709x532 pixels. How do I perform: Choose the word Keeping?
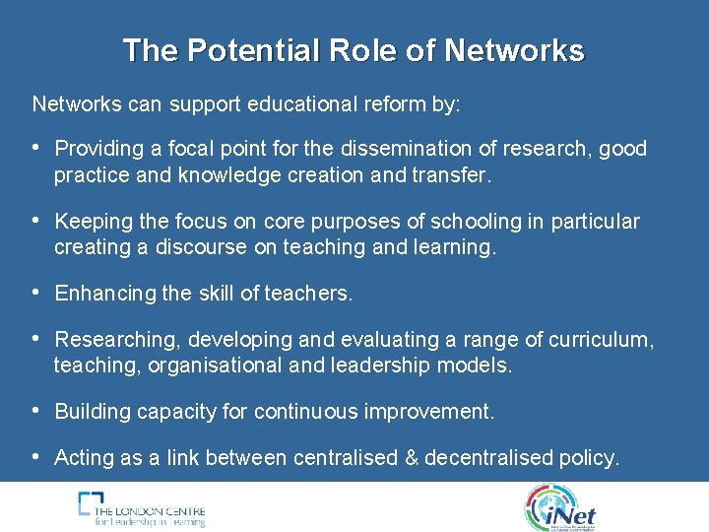coord(91,222)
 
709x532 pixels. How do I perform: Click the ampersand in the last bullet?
coord(409,458)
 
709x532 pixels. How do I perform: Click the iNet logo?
coord(562,508)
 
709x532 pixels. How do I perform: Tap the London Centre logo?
coord(142,508)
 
